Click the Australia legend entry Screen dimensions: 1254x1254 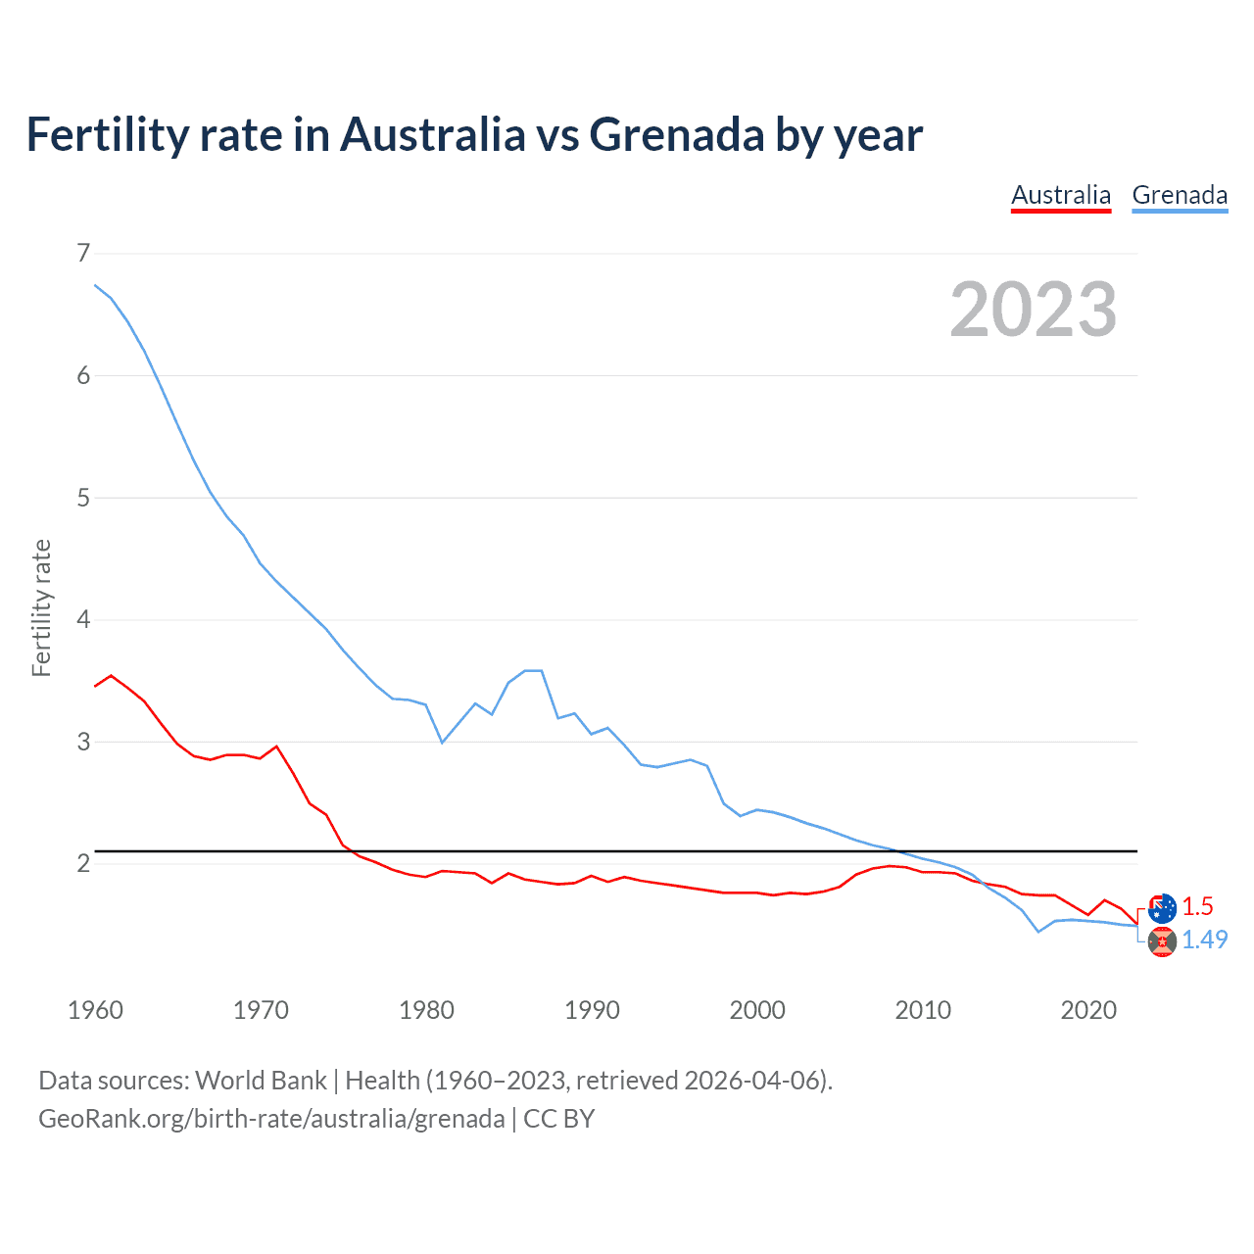(1061, 195)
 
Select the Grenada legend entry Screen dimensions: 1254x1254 (1180, 195)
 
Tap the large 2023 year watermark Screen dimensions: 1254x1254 (1033, 310)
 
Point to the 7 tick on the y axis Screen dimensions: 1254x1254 (83, 254)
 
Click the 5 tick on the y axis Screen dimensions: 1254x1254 (83, 498)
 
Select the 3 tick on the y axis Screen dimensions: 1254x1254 (83, 742)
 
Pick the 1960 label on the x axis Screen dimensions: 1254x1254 (95, 1010)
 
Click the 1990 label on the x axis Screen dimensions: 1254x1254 (592, 1010)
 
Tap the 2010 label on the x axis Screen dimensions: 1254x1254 (923, 1010)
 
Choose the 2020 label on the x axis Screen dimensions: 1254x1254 (1088, 1010)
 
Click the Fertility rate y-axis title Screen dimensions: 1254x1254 (41, 607)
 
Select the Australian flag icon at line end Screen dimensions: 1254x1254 (1162, 907)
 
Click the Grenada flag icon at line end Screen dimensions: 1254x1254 (1162, 941)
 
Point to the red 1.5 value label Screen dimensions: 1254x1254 (1197, 906)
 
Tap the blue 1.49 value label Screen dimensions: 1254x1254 (1204, 940)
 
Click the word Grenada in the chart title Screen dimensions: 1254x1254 (676, 134)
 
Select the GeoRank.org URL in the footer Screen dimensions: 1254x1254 (271, 1119)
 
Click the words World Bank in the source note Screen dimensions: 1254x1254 (261, 1081)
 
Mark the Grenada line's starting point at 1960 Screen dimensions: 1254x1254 (95, 285)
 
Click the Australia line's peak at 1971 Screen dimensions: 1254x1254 (276, 747)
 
